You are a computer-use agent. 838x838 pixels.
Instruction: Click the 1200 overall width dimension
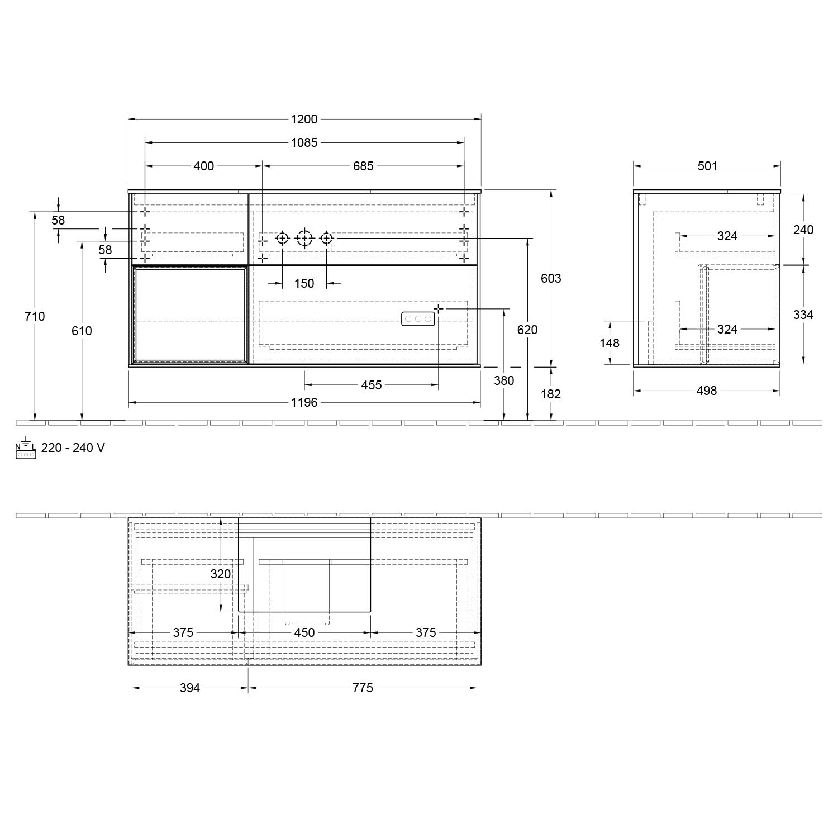[x=304, y=119]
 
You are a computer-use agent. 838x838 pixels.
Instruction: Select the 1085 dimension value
[x=304, y=142]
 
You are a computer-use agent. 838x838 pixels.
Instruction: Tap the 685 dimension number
[x=363, y=166]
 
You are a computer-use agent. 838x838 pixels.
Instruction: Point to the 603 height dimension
[x=551, y=278]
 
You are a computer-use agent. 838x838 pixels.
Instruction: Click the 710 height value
[x=35, y=316]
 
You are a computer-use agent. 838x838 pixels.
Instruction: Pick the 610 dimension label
[x=82, y=331]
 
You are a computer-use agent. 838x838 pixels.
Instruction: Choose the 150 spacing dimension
[x=304, y=283]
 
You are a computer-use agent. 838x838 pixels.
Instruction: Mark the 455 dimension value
[x=372, y=385]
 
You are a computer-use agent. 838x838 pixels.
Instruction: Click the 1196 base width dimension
[x=304, y=402]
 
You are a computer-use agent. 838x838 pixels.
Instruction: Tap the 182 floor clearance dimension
[x=551, y=394]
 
